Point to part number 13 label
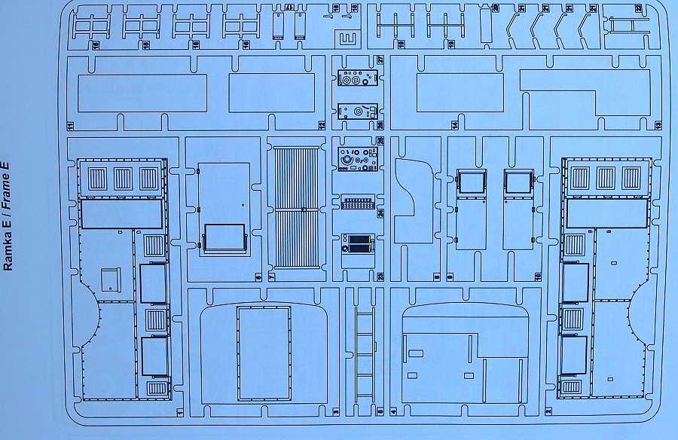[658, 125]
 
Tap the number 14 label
[455, 125]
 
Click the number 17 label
[289, 8]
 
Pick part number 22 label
[638, 8]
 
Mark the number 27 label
[381, 60]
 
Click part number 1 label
[181, 412]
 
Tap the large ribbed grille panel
[296, 208]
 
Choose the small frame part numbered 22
[628, 26]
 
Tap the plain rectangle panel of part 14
[459, 93]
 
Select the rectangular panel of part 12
[271, 93]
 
